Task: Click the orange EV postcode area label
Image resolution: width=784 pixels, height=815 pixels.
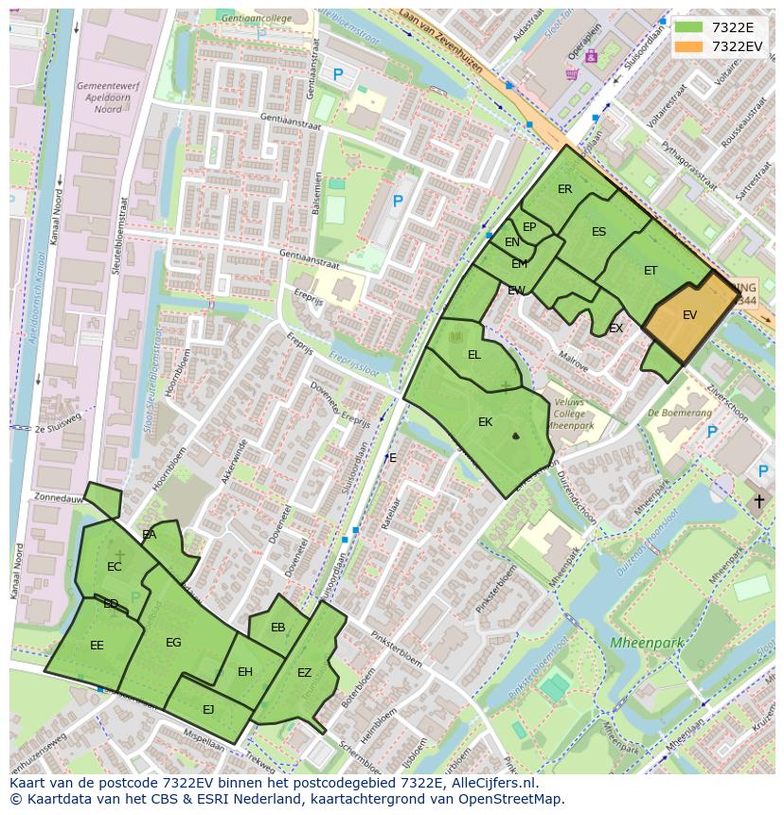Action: pos(689,315)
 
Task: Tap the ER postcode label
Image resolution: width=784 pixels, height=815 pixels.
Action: pos(565,189)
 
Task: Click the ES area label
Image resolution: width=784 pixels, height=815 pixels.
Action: pos(598,232)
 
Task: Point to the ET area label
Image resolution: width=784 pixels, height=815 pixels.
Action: pos(650,271)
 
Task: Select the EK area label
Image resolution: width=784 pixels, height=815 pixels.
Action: pos(485,422)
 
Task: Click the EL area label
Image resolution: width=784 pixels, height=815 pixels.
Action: pos(474,355)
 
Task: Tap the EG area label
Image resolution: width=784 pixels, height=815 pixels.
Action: pos(173,643)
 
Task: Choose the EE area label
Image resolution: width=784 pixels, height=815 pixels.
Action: pos(97,646)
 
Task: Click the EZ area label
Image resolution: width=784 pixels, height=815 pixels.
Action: pos(304,673)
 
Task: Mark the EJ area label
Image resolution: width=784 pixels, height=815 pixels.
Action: pos(208,709)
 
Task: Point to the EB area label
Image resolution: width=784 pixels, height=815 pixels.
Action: pos(277,628)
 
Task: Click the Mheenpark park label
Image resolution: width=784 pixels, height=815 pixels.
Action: pos(647,643)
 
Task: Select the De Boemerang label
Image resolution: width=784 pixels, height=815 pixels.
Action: pos(680,413)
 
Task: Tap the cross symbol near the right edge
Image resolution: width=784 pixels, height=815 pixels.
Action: pos(758,501)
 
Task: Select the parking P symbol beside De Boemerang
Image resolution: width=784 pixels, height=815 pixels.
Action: pos(712,433)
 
